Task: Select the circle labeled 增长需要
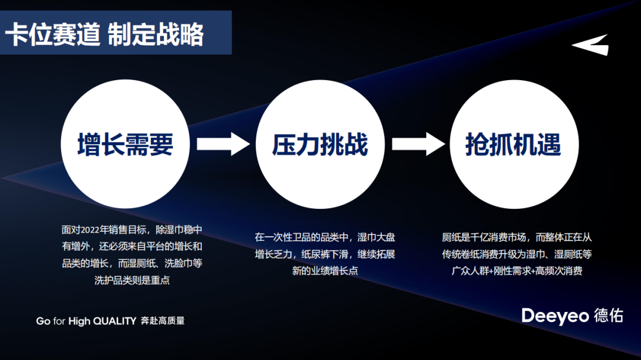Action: tap(125, 144)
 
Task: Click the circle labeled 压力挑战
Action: tap(320, 144)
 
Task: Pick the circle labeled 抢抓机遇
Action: tap(513, 144)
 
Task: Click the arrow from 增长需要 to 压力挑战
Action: tap(223, 144)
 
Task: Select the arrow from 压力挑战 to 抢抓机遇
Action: tap(418, 144)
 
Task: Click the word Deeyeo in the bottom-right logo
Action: tap(554, 316)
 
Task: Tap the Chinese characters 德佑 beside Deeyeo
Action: tap(608, 316)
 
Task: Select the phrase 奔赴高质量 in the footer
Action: tap(163, 321)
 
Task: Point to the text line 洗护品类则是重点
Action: tap(132, 280)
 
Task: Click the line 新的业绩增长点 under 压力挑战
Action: tap(325, 271)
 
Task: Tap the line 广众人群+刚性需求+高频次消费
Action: tap(516, 271)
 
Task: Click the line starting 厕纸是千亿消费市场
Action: tap(516, 237)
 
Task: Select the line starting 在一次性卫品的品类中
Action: tap(325, 237)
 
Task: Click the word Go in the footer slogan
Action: tap(43, 321)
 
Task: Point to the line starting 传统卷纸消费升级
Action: tap(516, 254)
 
